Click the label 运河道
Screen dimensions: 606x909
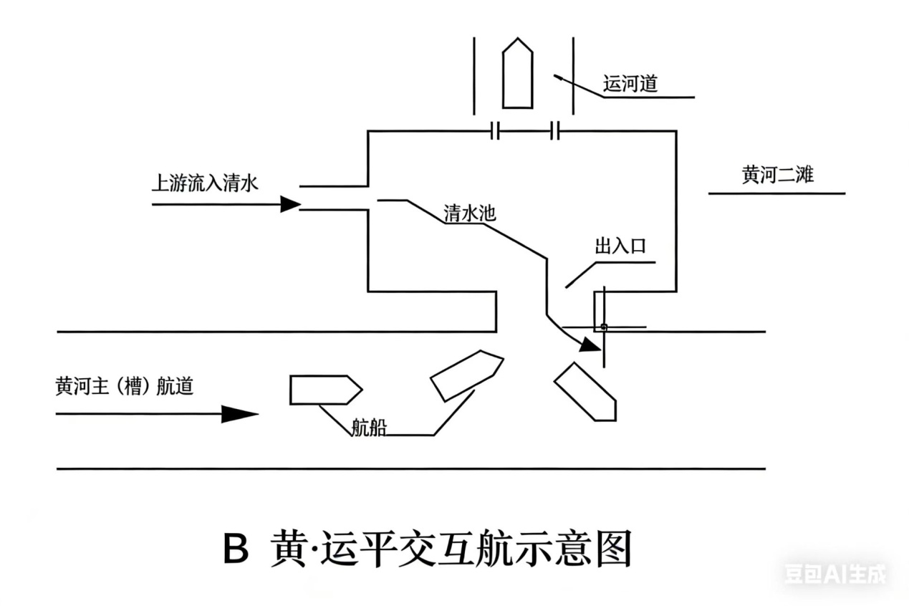pyautogui.click(x=630, y=85)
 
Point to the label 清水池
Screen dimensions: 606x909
pyautogui.click(x=470, y=213)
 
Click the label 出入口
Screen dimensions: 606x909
pyautogui.click(x=620, y=247)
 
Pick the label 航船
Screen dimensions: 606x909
pyautogui.click(x=370, y=428)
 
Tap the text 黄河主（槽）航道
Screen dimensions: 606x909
pyautogui.click(x=124, y=387)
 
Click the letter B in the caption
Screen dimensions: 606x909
pyautogui.click(x=236, y=550)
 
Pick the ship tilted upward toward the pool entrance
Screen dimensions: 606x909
pyautogui.click(x=466, y=373)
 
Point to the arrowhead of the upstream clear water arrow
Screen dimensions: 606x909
pyautogui.click(x=290, y=204)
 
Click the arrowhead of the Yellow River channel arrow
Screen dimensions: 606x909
pyautogui.click(x=239, y=414)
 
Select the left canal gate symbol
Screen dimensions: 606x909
pyautogui.click(x=495, y=131)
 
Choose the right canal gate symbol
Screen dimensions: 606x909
pyautogui.click(x=555, y=131)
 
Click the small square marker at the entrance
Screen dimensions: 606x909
pyautogui.click(x=604, y=327)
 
